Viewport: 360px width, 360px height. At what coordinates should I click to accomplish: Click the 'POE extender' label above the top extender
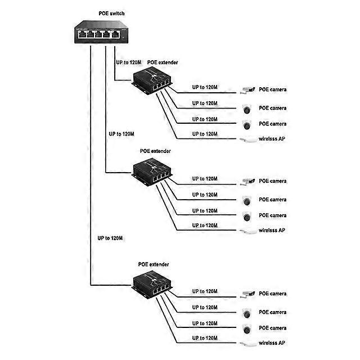point(163,62)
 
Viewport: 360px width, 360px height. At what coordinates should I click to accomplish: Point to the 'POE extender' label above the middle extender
point(155,151)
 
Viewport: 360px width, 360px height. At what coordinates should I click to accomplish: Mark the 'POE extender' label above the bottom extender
point(154,264)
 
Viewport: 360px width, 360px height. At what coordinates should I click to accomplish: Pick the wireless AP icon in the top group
point(246,138)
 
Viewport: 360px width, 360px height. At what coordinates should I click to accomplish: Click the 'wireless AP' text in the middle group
point(272,230)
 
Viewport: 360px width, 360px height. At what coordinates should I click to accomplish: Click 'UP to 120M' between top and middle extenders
point(121,134)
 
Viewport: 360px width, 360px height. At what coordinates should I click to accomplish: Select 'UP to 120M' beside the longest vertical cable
point(110,238)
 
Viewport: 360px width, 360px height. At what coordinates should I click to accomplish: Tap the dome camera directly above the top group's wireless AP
point(246,123)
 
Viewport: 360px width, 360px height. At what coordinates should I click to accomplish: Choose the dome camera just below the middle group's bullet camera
point(246,200)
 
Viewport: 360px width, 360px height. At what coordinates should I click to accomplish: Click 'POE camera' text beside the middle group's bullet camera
point(273,181)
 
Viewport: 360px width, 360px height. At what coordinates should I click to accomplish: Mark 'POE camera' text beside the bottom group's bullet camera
point(273,294)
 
